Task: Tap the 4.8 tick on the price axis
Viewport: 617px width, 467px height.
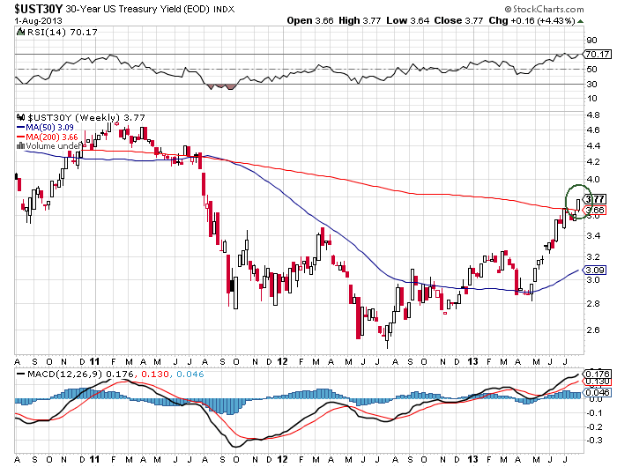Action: tap(594, 112)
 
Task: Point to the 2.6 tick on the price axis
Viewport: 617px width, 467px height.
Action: tap(594, 329)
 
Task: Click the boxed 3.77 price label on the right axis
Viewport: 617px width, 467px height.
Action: tap(595, 200)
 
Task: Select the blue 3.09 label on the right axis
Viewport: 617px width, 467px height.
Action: tap(595, 270)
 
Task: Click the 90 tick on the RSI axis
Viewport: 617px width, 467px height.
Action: tap(593, 41)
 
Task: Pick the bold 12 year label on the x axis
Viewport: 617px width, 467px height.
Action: tap(282, 360)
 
